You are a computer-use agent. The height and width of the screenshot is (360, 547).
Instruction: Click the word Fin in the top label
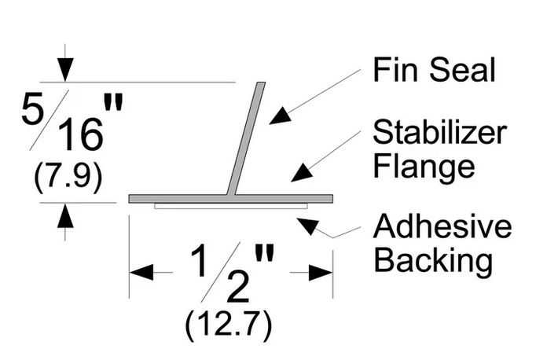coord(395,70)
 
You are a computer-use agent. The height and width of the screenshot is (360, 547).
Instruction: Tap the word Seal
coord(462,70)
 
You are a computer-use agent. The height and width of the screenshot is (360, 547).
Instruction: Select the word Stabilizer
coord(439,132)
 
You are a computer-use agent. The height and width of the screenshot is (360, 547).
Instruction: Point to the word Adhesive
coord(442,226)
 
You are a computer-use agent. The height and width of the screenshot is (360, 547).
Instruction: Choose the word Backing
coord(433,261)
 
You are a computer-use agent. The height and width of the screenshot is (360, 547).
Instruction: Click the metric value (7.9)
coord(68,178)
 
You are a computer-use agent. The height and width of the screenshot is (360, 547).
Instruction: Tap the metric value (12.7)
coord(228,326)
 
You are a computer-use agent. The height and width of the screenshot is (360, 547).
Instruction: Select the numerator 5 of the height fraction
coord(33,108)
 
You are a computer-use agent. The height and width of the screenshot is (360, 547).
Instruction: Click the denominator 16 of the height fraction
coord(81,134)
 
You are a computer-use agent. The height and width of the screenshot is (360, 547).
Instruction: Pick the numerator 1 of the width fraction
coord(200,260)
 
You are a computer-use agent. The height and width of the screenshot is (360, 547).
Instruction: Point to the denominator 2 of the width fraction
coord(238,287)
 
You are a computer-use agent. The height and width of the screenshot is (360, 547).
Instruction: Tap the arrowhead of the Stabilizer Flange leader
coord(302,173)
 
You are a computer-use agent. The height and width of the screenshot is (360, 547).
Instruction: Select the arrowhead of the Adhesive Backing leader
coord(308,226)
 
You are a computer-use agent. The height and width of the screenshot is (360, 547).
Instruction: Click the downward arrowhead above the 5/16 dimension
coord(65,71)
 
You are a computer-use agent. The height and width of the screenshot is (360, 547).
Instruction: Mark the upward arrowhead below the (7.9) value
coord(65,215)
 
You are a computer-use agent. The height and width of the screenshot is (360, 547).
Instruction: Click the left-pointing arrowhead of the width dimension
coord(141,272)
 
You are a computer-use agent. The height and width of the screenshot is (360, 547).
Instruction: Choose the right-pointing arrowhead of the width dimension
coord(321,272)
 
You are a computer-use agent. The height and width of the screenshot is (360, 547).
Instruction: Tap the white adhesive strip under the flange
coord(231,206)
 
